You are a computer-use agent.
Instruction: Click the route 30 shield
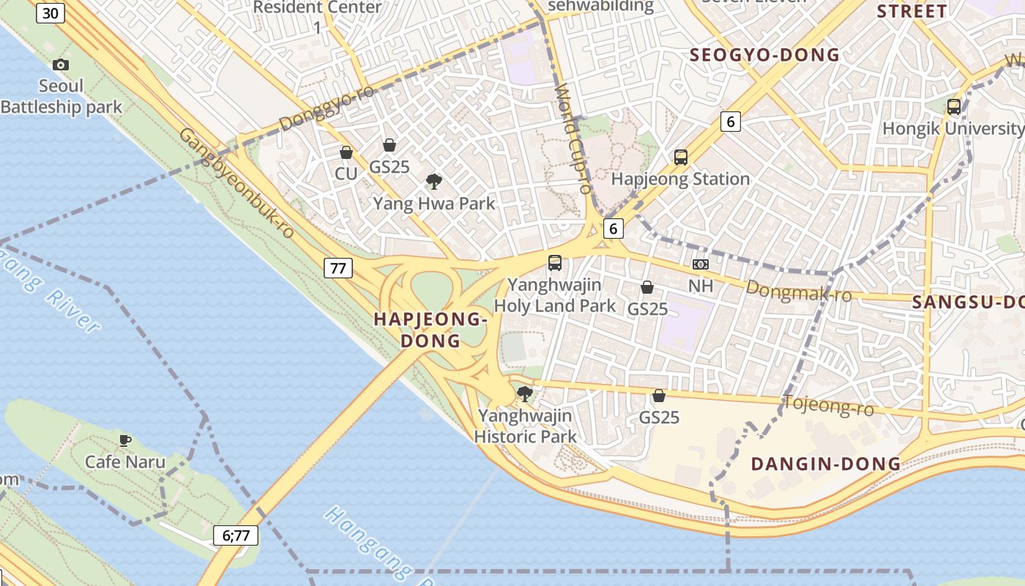[x=50, y=13]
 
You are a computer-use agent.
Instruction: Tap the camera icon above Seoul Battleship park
[x=61, y=64]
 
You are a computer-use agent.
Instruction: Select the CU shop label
[x=346, y=174]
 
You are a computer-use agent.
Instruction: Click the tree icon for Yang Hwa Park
[x=434, y=181]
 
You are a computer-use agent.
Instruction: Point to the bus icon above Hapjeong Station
[x=681, y=157]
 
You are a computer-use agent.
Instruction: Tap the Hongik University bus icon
[x=954, y=106]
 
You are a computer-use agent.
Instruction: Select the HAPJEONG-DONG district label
[x=430, y=330]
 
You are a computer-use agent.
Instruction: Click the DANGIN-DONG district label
[x=826, y=464]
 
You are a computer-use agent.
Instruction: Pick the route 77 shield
[x=338, y=268]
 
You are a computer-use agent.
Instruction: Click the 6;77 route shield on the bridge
[x=236, y=535]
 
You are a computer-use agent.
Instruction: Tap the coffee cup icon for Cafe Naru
[x=125, y=440]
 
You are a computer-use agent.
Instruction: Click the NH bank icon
[x=701, y=264]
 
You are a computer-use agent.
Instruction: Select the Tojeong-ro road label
[x=829, y=404]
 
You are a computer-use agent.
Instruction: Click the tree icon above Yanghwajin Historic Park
[x=524, y=394]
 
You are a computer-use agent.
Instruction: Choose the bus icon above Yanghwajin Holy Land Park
[x=555, y=262]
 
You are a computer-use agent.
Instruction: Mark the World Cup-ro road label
[x=573, y=139]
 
